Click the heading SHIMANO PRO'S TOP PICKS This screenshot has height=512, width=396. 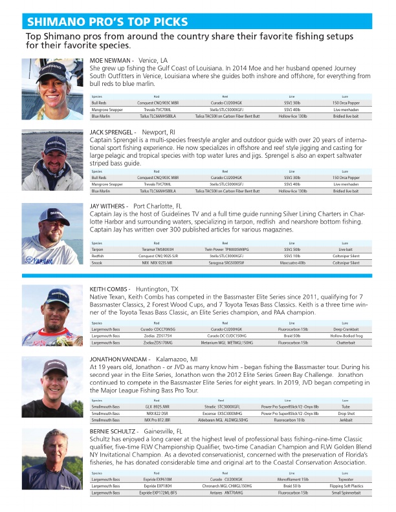tap(107, 22)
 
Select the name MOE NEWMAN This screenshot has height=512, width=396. tap(111, 60)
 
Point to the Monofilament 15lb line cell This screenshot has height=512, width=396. tap(292, 480)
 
